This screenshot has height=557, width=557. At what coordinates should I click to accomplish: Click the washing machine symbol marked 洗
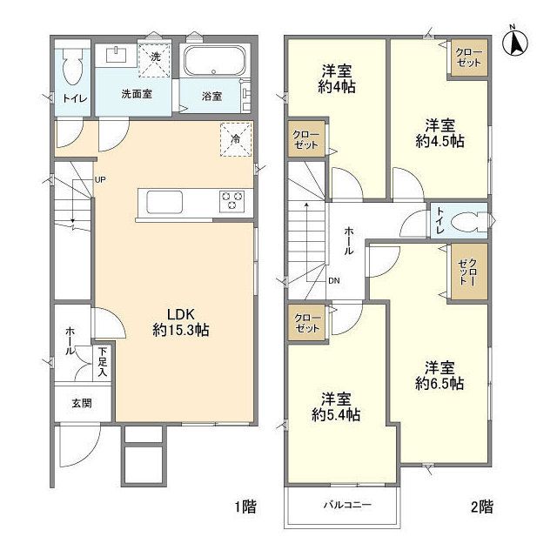pyautogui.click(x=154, y=58)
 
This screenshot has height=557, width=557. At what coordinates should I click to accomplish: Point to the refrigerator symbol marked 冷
pyautogui.click(x=236, y=138)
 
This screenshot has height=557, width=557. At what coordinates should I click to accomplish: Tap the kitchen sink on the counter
pyautogui.click(x=165, y=202)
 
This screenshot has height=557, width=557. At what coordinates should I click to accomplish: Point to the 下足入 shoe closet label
pyautogui.click(x=102, y=359)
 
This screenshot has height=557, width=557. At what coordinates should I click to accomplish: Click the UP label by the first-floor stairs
pyautogui.click(x=100, y=180)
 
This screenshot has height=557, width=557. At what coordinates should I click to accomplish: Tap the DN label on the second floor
pyautogui.click(x=334, y=280)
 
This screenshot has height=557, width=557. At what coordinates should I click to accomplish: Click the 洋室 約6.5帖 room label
pyautogui.click(x=440, y=374)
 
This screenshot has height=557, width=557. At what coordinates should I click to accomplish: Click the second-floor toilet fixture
pyautogui.click(x=469, y=221)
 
